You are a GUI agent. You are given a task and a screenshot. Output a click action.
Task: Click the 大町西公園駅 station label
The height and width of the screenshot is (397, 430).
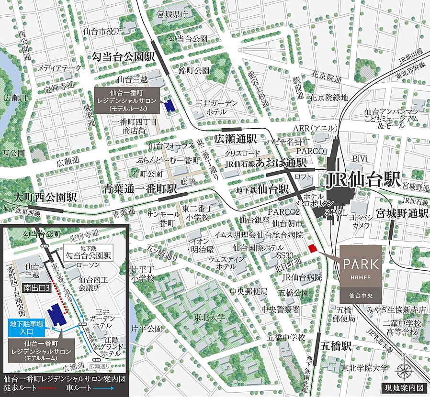tap(45, 197)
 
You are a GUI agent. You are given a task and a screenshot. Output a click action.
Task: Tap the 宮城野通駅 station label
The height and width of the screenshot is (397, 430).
tap(402, 212)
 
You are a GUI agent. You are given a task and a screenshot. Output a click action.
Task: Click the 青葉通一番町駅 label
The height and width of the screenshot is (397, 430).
tap(140, 189)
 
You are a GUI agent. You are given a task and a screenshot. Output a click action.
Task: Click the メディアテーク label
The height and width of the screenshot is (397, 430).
tap(60, 68)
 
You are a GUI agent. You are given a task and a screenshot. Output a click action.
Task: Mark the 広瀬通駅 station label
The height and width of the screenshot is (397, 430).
tap(236, 138)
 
